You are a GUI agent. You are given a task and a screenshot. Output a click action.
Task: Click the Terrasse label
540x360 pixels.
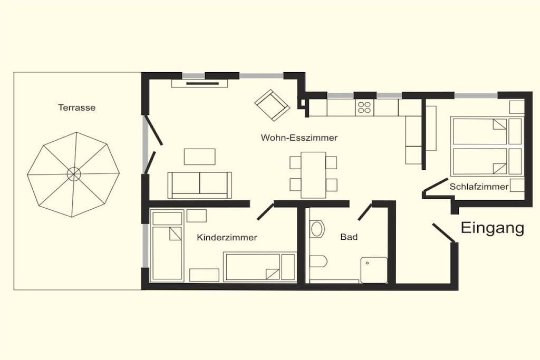77,108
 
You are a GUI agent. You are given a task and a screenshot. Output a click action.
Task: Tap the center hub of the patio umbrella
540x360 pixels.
73,174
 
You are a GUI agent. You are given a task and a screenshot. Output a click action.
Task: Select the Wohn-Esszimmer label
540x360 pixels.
299,138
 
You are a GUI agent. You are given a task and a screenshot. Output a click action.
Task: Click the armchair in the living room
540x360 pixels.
272,105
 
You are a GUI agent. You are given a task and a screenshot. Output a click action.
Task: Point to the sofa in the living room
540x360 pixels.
200,185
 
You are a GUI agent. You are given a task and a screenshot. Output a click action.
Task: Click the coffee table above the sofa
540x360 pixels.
200,157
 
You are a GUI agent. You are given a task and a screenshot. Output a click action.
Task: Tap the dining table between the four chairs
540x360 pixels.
313,175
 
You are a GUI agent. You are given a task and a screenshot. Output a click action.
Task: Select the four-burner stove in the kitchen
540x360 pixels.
364,108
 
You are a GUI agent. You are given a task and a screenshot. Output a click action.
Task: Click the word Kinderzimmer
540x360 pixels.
227,238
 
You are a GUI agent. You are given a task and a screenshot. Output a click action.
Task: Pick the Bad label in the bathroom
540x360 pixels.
349,237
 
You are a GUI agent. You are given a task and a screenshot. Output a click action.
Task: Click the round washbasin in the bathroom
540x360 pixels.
317,229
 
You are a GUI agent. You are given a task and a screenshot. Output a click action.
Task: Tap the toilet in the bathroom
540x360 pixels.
318,261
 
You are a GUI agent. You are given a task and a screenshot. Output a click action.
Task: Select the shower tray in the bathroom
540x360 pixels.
374,270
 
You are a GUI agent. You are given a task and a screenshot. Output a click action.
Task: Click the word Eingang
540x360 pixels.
493,228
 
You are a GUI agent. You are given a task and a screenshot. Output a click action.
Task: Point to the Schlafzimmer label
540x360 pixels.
479,187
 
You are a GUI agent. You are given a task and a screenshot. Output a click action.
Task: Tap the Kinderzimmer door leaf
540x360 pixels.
266,211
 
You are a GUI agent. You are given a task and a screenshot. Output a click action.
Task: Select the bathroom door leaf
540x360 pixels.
365,212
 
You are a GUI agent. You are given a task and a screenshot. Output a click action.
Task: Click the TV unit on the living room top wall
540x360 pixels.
200,83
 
